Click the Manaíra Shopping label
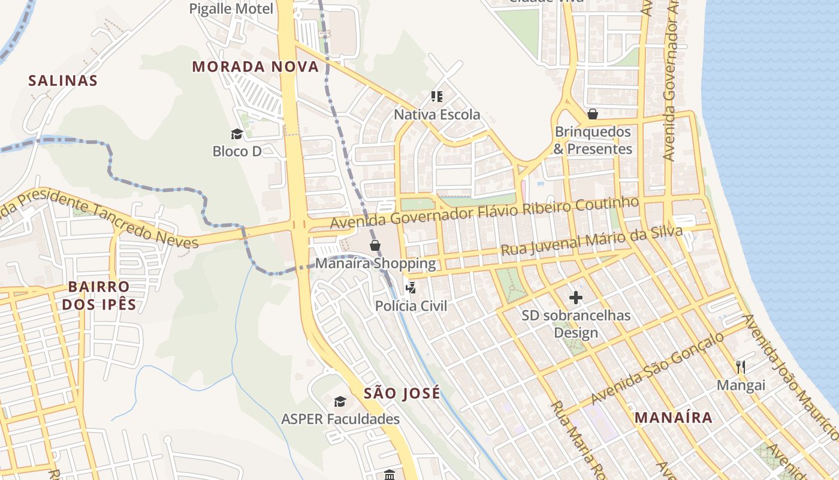click(x=375, y=263)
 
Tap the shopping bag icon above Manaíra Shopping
click(x=375, y=245)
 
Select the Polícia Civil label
click(x=411, y=305)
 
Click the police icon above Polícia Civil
click(x=411, y=288)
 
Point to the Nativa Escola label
click(x=436, y=114)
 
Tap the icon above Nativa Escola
click(x=436, y=96)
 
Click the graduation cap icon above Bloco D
click(x=237, y=134)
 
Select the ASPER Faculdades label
click(x=340, y=419)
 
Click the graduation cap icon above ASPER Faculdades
click(x=340, y=401)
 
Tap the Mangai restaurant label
click(x=741, y=385)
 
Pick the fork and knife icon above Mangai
click(x=741, y=367)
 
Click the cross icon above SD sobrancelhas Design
click(x=575, y=298)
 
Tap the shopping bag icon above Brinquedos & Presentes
click(x=593, y=114)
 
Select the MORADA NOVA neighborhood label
click(x=255, y=67)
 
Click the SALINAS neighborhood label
click(x=63, y=80)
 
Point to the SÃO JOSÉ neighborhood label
click(x=402, y=393)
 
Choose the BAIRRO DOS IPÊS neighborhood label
click(x=99, y=295)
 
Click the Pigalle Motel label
click(x=231, y=8)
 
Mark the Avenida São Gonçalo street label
click(x=657, y=368)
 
